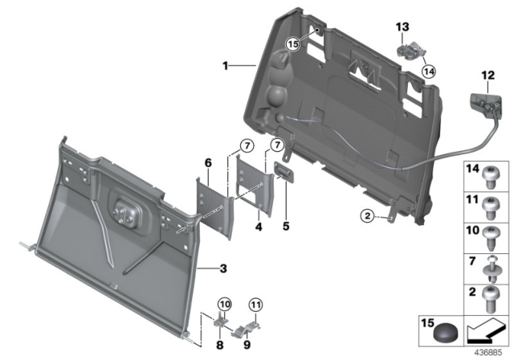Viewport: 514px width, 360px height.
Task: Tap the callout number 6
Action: pos(207,162)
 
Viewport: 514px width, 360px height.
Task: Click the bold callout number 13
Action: pos(402,27)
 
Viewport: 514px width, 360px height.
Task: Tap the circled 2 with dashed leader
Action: pos(365,215)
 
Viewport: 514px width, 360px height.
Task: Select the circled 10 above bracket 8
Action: pos(223,303)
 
